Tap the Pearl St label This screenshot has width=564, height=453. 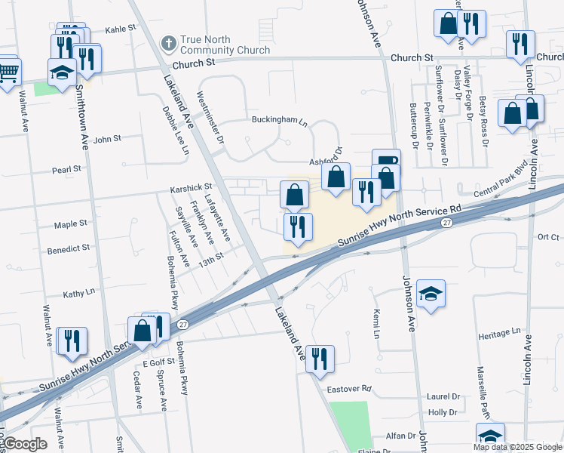(x=66, y=170)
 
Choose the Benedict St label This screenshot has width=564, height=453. (x=69, y=247)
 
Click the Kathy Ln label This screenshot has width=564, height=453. (x=79, y=292)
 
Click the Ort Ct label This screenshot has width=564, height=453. (x=548, y=237)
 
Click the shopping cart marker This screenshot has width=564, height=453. (x=8, y=72)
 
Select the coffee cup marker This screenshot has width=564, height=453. (x=386, y=161)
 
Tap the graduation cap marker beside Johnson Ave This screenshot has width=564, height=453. (x=431, y=293)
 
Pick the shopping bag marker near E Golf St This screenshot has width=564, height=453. (x=142, y=330)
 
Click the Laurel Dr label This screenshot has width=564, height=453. (x=443, y=396)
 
